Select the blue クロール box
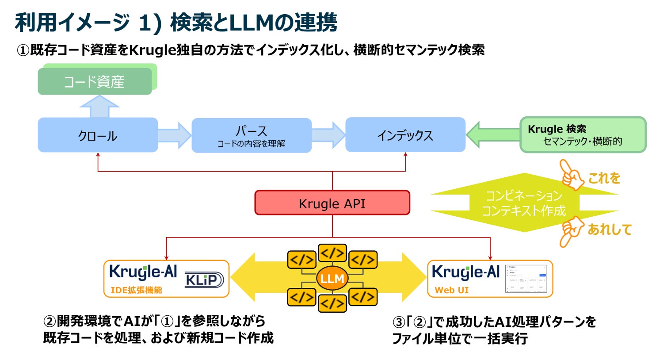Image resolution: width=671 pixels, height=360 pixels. pos(98,135)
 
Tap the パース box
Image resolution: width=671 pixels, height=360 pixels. pos(251,135)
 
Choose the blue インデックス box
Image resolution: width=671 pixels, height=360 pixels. pos(405,135)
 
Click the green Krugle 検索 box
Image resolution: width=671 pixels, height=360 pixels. pos(583,135)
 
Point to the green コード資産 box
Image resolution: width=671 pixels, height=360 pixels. pos(95,81)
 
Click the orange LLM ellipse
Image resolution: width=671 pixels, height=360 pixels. pos(332,279)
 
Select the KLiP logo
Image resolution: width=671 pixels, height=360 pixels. pos(204,280)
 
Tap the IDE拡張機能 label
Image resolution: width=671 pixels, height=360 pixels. pos(136,290)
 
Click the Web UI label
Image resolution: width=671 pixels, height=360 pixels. pos(451,290)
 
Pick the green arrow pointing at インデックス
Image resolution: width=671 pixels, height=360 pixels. pos(492,134)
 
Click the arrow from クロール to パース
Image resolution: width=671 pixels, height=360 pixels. pos(174,135)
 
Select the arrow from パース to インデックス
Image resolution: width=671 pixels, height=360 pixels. pos(328,135)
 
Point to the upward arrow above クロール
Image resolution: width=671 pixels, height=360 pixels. pos(99,107)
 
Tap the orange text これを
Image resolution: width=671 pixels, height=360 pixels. pos(604,178)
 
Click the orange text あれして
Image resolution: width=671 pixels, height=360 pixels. pos(609,229)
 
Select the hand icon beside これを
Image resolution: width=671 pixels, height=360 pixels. pos(572,174)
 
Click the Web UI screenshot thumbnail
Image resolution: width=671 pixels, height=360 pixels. pos(526,279)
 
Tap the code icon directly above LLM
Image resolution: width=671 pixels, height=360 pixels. pos(332,253)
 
